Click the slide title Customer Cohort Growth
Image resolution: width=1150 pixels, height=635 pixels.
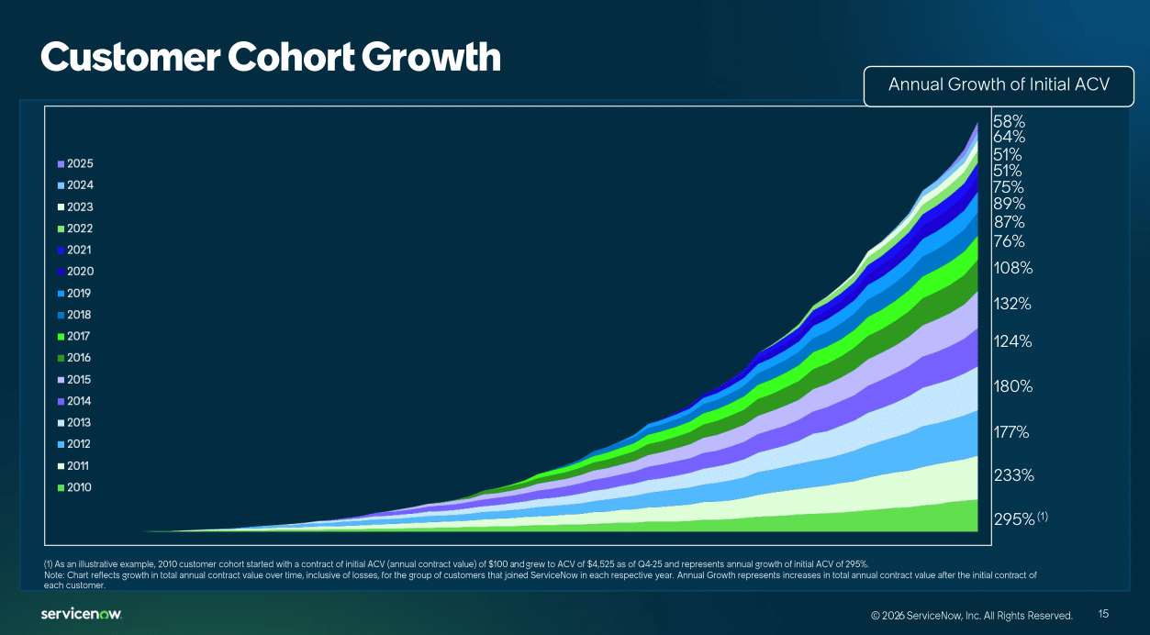(x=270, y=57)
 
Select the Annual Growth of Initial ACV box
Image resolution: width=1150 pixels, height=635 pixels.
(x=999, y=85)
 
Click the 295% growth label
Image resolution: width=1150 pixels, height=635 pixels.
(x=1013, y=519)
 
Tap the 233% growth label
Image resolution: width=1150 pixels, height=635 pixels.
(x=1013, y=475)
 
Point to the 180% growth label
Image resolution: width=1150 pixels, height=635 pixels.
(x=1013, y=386)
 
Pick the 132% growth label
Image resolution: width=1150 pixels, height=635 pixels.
(x=1013, y=304)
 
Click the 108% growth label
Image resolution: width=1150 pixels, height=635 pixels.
(x=1013, y=268)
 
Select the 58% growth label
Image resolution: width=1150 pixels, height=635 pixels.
(x=1009, y=121)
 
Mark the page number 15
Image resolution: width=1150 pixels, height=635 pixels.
(x=1103, y=614)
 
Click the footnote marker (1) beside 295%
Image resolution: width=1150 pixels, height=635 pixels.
(x=1043, y=517)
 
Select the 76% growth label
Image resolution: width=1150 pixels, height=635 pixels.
(x=1009, y=241)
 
